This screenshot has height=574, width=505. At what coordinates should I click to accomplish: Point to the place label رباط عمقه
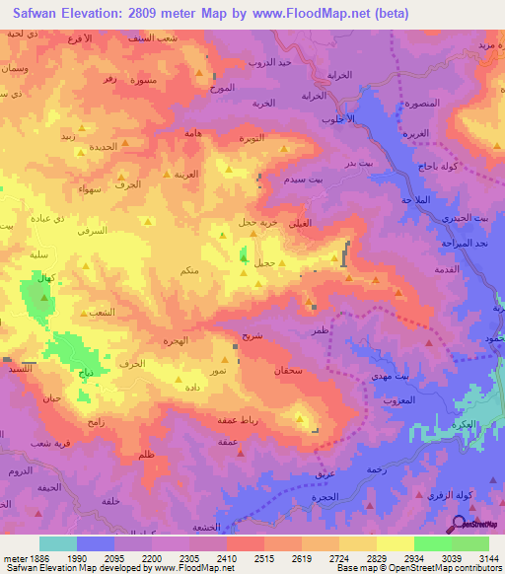click(237, 420)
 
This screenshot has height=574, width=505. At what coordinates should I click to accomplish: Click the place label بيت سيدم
click(302, 181)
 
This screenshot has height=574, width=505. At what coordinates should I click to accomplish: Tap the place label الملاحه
click(417, 200)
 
